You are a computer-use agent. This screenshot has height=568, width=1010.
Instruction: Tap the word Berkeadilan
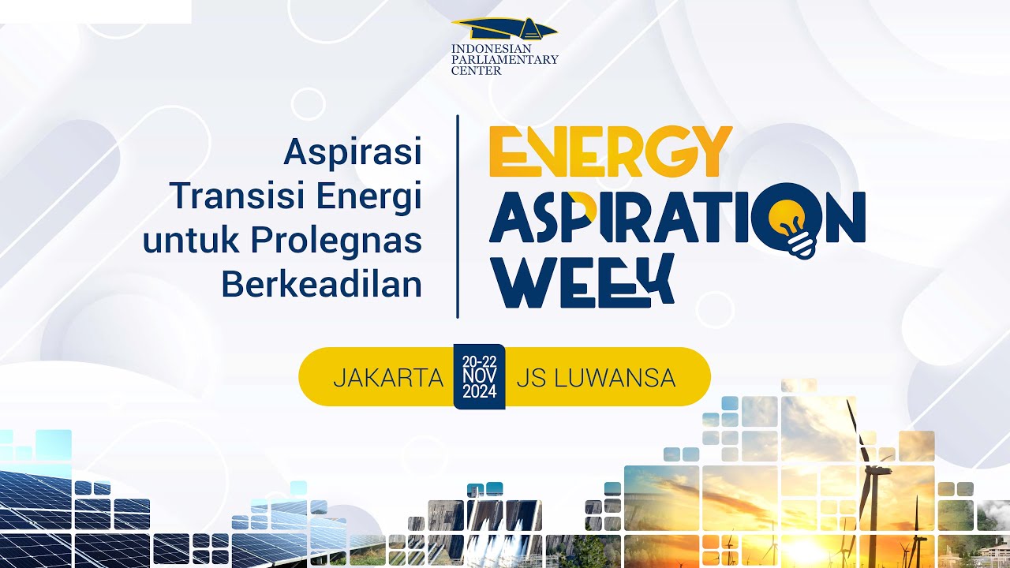click(x=321, y=285)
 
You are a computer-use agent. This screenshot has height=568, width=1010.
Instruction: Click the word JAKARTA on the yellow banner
click(x=387, y=378)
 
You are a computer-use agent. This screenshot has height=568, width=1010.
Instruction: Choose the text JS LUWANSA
click(x=596, y=378)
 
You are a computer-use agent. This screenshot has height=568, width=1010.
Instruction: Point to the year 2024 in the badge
click(x=480, y=392)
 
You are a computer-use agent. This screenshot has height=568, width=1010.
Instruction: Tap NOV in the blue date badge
click(x=480, y=376)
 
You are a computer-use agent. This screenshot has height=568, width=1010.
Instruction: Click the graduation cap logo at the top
click(x=505, y=30)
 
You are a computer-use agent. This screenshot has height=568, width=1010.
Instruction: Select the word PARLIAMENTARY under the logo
click(x=504, y=59)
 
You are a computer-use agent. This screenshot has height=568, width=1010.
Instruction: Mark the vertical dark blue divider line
click(x=458, y=217)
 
